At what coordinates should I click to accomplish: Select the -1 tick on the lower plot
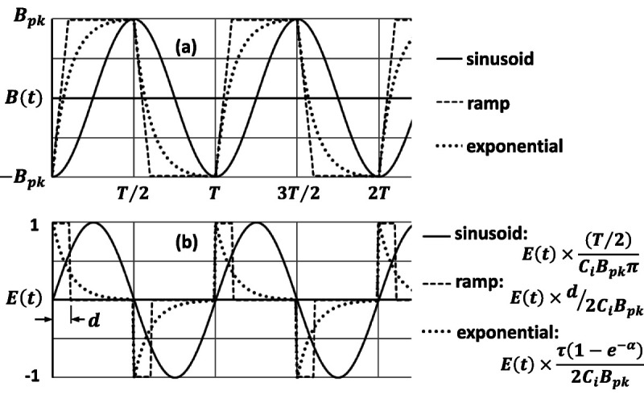32,376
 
